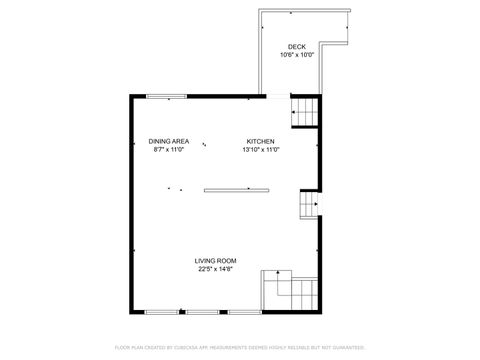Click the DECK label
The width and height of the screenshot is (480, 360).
click(296, 47)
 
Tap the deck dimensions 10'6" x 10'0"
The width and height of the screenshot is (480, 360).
click(296, 55)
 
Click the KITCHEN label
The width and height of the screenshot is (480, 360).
click(261, 141)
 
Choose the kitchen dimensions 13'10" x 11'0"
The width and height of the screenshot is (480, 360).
click(261, 150)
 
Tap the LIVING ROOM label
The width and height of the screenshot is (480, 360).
click(214, 260)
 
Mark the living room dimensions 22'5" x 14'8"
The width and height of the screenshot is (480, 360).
click(214, 268)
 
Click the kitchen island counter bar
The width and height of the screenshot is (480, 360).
click(237, 188)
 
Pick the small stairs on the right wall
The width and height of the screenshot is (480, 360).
click(308, 205)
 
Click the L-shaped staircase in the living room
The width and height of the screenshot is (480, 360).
click(291, 292)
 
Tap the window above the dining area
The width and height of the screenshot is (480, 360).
click(166, 96)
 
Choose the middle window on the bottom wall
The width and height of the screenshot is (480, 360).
click(201, 312)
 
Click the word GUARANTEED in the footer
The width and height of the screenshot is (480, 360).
click(344, 347)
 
